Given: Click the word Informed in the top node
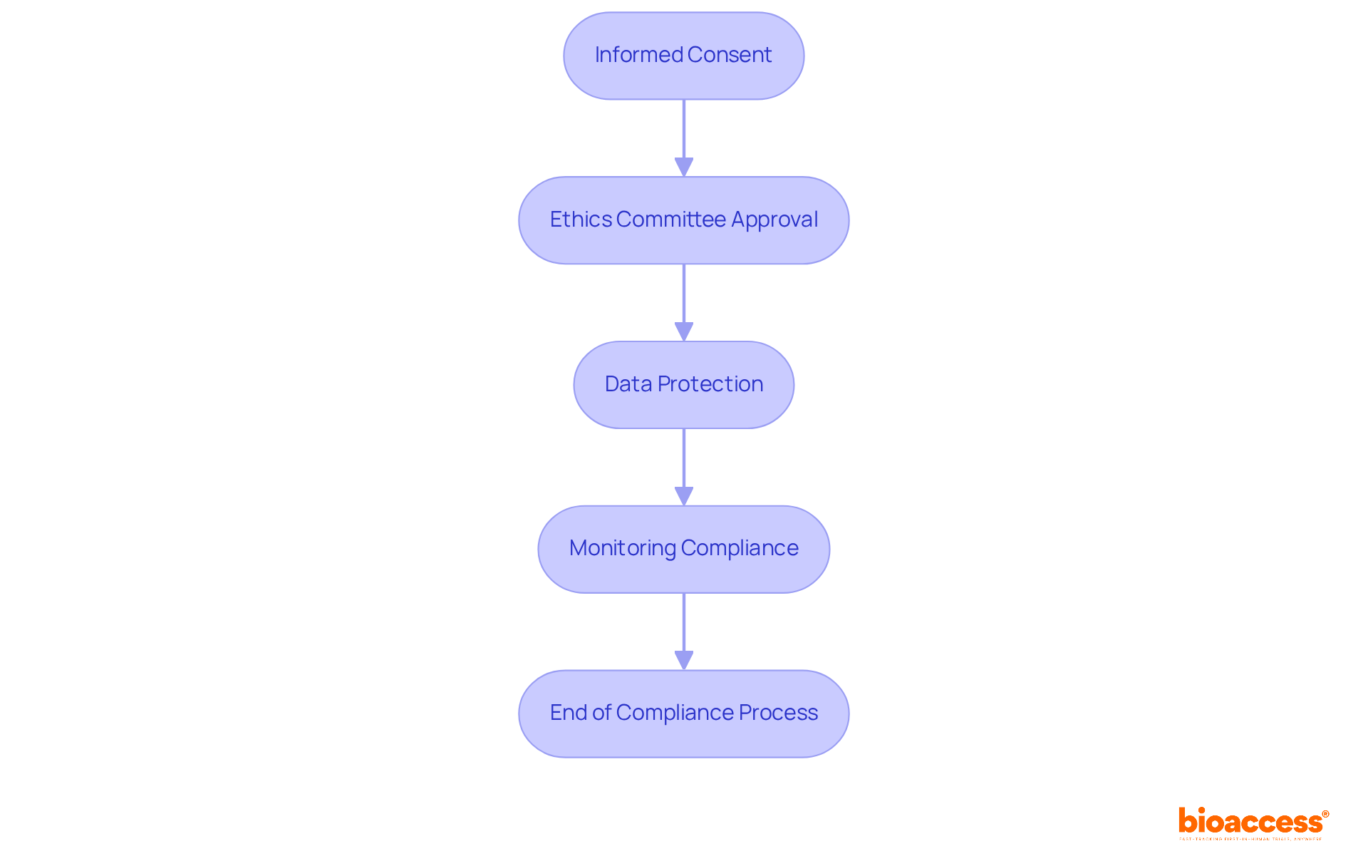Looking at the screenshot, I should tap(639, 55).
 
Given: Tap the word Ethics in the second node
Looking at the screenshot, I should tap(581, 220).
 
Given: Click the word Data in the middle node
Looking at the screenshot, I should tap(628, 384).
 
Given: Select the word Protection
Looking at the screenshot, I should tap(710, 384).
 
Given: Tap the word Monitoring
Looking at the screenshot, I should tap(622, 548).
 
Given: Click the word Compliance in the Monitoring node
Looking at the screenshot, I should tap(740, 548).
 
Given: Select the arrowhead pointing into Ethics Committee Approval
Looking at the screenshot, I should tap(684, 167).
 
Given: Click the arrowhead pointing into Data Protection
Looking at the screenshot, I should tap(684, 331).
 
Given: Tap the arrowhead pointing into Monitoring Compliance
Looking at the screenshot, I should tap(684, 496).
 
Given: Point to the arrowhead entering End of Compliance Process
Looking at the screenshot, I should tap(684, 660).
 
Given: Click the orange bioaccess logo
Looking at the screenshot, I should tap(1250, 821).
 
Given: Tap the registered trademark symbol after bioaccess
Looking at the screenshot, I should tap(1325, 814).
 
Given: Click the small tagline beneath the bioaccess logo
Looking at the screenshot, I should tap(1250, 840).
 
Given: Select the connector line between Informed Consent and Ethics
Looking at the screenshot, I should tap(684, 128).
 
